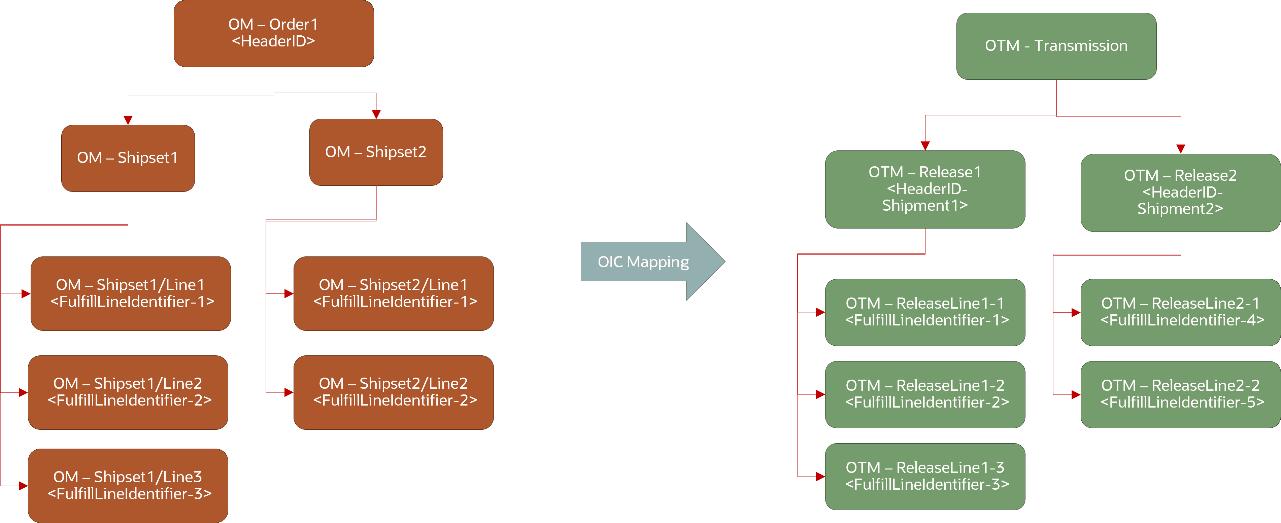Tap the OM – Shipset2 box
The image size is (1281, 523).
click(376, 152)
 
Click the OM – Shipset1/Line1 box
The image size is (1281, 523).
click(131, 293)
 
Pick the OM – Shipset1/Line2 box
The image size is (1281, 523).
click(128, 392)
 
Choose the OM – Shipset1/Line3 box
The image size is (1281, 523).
click(128, 485)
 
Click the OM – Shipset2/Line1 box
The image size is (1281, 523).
click(393, 293)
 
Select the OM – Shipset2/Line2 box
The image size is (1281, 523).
click(393, 392)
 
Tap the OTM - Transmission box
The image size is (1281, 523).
click(1056, 46)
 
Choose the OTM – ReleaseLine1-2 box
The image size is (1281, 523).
click(925, 394)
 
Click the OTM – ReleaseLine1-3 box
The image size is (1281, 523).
click(925, 476)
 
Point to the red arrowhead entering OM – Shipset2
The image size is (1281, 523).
click(376, 114)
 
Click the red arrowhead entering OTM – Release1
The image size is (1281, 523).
click(925, 146)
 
